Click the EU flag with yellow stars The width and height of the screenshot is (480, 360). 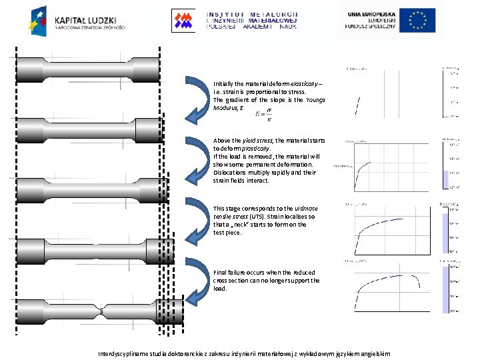[x=418, y=20]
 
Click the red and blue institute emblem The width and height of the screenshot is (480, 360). [x=183, y=20]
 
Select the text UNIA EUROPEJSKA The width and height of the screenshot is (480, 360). [x=370, y=13]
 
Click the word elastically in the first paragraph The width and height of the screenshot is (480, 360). [x=303, y=84]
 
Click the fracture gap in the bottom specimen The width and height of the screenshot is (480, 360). [x=101, y=311]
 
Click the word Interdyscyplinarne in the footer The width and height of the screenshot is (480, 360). [x=126, y=353]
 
